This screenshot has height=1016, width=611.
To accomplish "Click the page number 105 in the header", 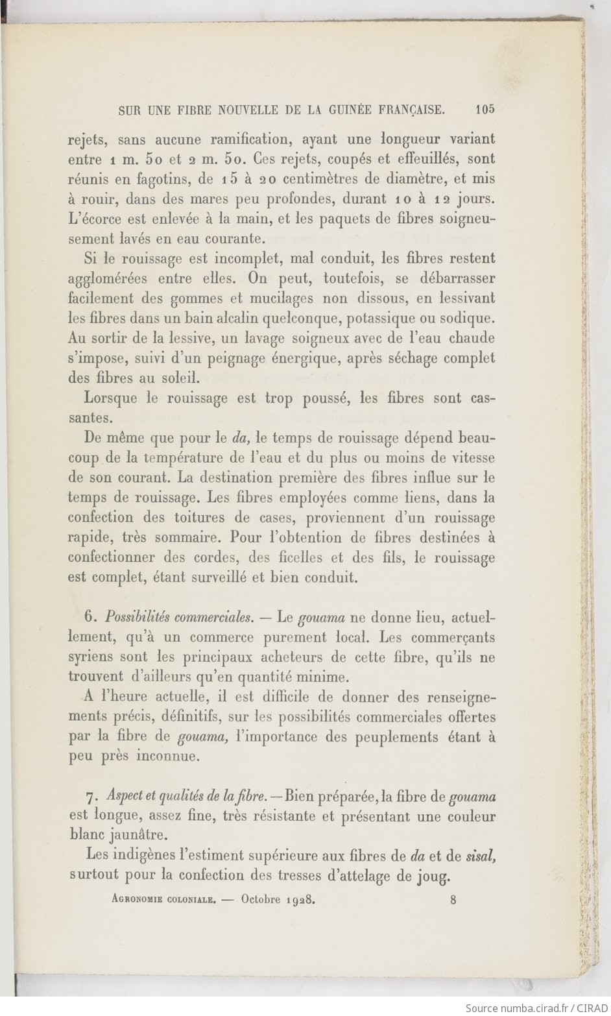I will click(x=484, y=110).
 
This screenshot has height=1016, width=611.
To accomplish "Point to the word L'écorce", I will click(x=93, y=219).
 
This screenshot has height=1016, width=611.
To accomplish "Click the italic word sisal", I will click(x=481, y=856).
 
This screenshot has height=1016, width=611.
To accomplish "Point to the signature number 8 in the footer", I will click(x=453, y=900).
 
